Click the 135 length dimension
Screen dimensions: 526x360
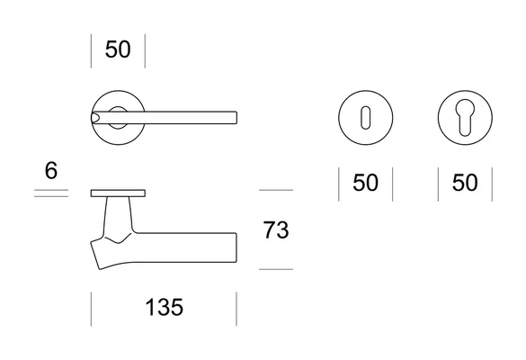tap(165, 307)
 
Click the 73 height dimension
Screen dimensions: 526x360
tap(276, 230)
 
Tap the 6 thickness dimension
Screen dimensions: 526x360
tap(51, 171)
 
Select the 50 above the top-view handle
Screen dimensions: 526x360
tap(118, 49)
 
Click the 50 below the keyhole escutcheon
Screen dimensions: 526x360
tap(365, 183)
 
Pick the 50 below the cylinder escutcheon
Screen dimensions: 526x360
tap(465, 183)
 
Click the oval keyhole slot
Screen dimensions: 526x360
tap(365, 118)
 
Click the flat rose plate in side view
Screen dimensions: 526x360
tap(118, 193)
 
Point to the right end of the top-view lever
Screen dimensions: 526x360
tap(236, 118)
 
